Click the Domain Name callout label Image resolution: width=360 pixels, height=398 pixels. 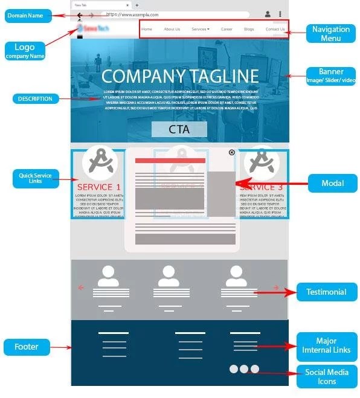[x=25, y=15]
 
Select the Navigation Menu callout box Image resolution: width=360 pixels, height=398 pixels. [x=331, y=33]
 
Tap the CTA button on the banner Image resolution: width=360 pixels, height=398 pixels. [x=179, y=129]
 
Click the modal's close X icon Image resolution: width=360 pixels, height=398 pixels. [x=232, y=153]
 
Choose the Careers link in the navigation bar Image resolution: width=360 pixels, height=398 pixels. [x=227, y=29]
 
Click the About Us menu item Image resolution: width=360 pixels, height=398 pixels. [x=172, y=29]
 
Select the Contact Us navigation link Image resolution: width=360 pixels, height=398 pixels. [x=275, y=29]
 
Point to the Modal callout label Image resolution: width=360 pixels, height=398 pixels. [x=332, y=183]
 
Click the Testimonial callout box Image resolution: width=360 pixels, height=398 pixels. [x=326, y=292]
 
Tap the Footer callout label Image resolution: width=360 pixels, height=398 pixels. [x=27, y=347]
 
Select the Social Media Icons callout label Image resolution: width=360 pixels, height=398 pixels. [x=327, y=376]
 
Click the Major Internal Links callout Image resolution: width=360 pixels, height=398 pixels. [x=327, y=346]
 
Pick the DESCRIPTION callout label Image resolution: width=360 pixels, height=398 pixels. [x=36, y=98]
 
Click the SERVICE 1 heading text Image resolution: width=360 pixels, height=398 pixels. [x=99, y=187]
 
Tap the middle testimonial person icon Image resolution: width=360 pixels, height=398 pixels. [x=167, y=277]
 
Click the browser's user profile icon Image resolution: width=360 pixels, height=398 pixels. [x=268, y=14]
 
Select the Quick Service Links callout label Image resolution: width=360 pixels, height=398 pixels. [x=36, y=178]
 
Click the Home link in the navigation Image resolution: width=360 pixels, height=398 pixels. [x=147, y=29]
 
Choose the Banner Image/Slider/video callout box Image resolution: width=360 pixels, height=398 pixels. [x=331, y=76]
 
